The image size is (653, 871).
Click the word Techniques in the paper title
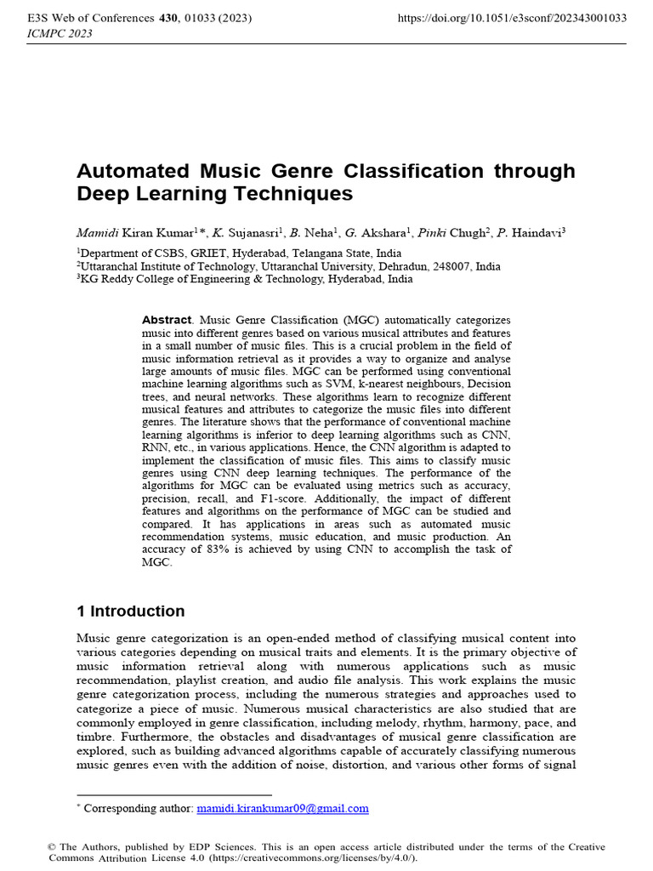(x=298, y=194)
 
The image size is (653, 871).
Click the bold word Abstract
(x=167, y=320)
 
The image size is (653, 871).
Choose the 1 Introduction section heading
(x=130, y=611)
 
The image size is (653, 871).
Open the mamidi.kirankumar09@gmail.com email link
(x=282, y=808)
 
